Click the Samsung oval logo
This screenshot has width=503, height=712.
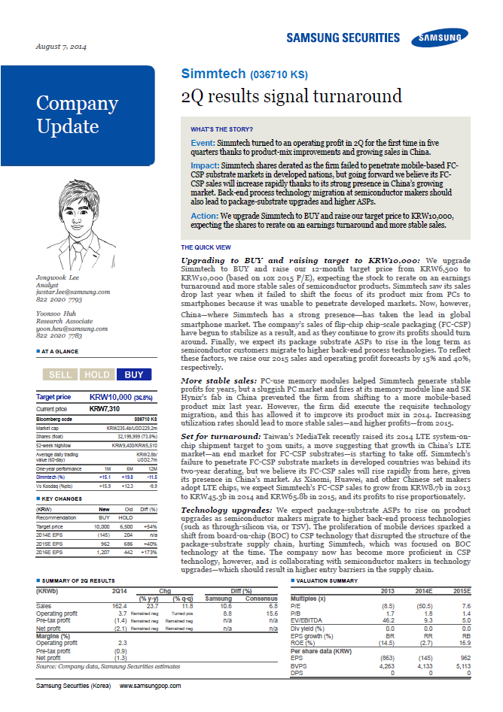[x=442, y=38]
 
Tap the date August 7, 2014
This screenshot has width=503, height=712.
[x=61, y=47]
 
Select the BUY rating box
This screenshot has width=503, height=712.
[x=133, y=374]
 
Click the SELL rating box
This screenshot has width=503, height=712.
[x=59, y=374]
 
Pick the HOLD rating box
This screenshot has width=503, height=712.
[x=96, y=374]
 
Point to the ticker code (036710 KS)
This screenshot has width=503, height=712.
[x=278, y=75]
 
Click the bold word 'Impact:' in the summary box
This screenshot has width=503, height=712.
[x=205, y=163]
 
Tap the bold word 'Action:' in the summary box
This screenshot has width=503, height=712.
[x=204, y=215]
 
